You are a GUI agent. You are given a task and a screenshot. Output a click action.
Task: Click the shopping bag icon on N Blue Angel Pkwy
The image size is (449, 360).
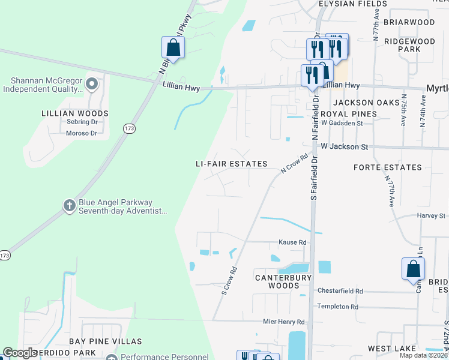point(173,48)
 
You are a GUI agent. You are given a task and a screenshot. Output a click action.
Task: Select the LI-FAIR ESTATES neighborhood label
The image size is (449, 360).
point(231,164)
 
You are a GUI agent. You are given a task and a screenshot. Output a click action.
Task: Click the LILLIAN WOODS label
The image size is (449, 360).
point(75,113)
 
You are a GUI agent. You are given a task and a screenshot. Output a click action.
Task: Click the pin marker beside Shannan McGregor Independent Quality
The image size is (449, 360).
point(92,83)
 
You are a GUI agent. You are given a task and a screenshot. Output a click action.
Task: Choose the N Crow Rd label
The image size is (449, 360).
point(294,164)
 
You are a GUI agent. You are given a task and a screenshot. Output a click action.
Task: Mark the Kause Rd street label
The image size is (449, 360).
point(292,242)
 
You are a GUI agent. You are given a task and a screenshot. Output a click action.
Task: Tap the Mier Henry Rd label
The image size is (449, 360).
point(284,322)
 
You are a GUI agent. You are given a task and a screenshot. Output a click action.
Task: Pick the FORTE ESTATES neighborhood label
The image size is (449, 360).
point(387,167)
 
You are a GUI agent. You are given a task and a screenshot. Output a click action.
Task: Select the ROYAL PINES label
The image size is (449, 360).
point(349,113)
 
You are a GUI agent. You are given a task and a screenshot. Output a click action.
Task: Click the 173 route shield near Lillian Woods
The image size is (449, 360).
point(129,128)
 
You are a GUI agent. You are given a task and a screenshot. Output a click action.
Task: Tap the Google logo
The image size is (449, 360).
point(20,353)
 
